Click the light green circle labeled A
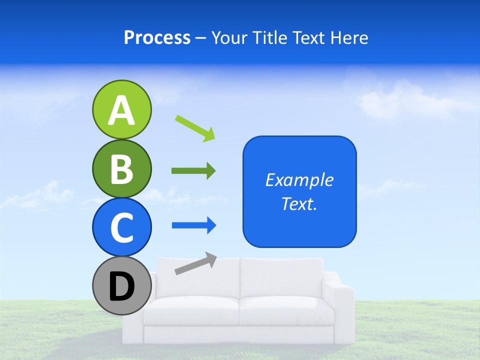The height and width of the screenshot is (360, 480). pos(121,109)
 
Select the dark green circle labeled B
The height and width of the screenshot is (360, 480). pos(121,168)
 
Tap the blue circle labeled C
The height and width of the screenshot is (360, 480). pos(121,227)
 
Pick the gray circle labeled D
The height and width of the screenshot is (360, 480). pos(121,285)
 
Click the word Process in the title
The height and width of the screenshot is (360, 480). pos(157,38)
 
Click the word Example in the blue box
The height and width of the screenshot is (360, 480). pos(299,180)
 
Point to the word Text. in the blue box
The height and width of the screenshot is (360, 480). pos(299,203)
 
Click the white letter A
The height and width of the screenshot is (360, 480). pos(121,110)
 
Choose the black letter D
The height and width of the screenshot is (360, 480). pos(121,286)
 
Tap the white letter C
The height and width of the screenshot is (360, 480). pos(121,227)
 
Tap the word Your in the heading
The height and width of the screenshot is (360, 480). pos(227,38)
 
